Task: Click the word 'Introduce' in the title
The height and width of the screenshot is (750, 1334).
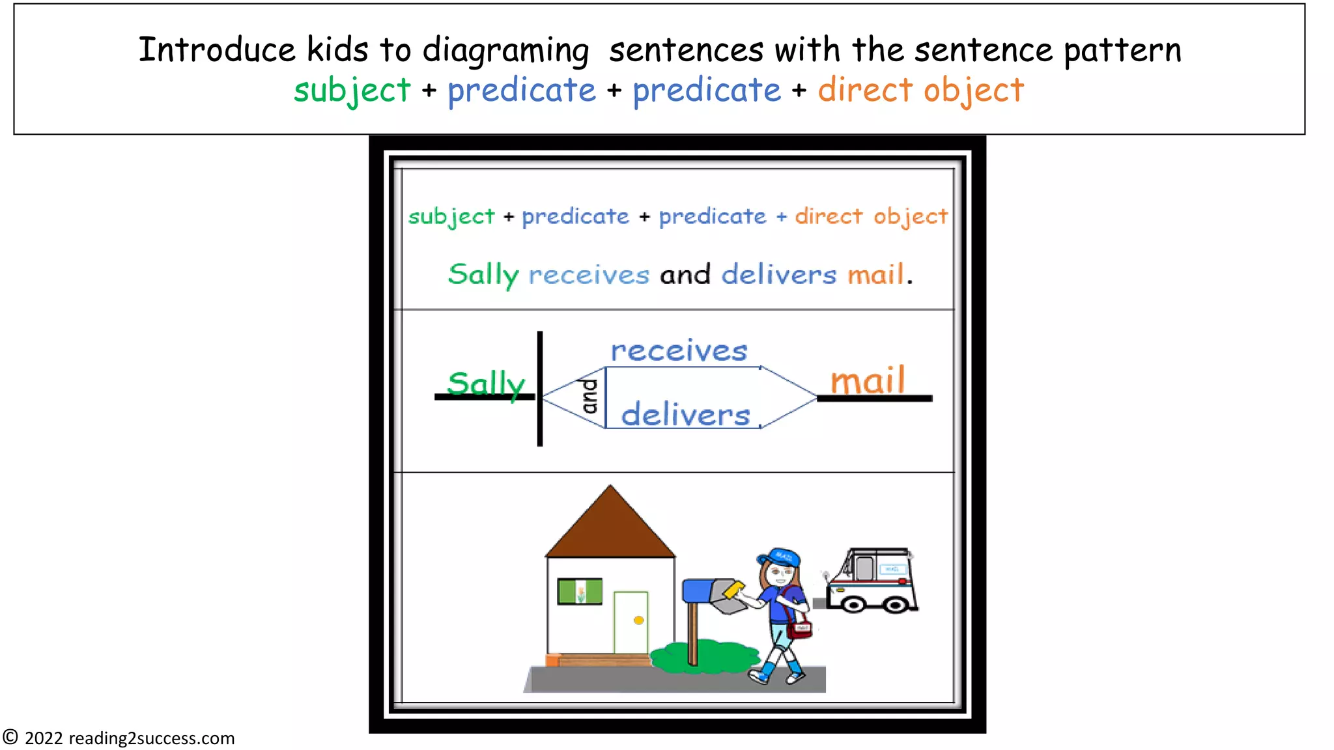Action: (217, 49)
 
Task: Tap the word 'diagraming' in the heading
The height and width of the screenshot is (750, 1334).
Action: (505, 51)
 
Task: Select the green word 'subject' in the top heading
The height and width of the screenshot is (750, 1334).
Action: (352, 90)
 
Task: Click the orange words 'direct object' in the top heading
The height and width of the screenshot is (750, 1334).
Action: (920, 90)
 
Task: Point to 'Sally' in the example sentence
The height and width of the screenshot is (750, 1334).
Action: (483, 274)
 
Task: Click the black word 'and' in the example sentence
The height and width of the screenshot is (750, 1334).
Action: (685, 274)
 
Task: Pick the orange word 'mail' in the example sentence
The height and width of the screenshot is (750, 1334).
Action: (875, 274)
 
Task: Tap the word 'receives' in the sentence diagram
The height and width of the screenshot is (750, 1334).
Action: (679, 351)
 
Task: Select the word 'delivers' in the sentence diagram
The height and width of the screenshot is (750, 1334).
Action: (685, 415)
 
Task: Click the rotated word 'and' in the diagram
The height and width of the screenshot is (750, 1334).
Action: (589, 396)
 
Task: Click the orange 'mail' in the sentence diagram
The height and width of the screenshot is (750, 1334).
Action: (868, 380)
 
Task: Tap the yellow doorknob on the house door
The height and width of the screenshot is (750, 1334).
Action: (638, 620)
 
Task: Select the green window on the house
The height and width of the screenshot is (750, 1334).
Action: (580, 592)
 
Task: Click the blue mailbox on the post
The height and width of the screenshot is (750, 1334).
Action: (697, 590)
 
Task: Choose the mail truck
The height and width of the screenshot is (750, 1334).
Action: (871, 581)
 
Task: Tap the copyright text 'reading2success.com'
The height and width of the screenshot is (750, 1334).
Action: (151, 738)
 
